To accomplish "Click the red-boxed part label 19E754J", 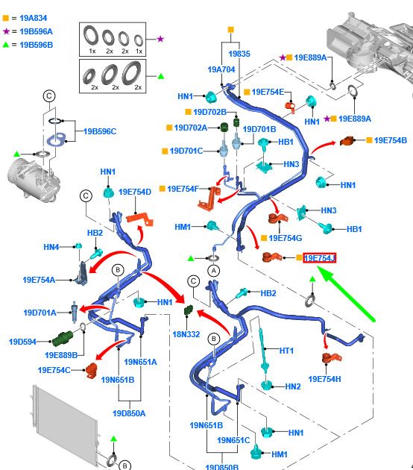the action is pos(319,258).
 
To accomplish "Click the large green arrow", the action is pos(346,294).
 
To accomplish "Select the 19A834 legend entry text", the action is pos(34,18).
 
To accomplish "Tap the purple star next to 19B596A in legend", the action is pos(6,31).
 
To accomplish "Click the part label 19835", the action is pos(239,54).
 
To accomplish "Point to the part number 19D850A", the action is pos(129,413).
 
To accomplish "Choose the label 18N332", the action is pos(186,334).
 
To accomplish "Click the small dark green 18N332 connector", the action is pos(189,310).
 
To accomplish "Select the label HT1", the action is pos(286,351).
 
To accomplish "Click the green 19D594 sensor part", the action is pos(63,339).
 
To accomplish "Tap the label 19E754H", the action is pos(324,379).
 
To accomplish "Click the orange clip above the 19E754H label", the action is pos(332,357).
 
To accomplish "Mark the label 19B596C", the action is pos(100,131).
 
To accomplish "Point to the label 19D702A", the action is pos(191,128).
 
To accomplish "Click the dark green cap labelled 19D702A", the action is pos(224,127).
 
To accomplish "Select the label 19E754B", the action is pos(390,140).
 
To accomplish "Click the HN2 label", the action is pos(293,386).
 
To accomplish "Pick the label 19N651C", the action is pos(233,440).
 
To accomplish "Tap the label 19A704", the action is pos(221,69).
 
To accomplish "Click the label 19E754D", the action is pos(135,192).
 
